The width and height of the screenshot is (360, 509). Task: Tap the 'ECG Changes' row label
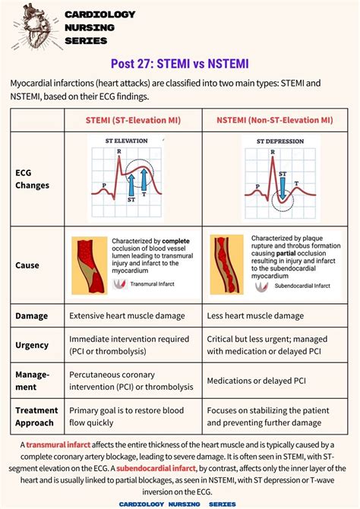coord(33,179)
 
